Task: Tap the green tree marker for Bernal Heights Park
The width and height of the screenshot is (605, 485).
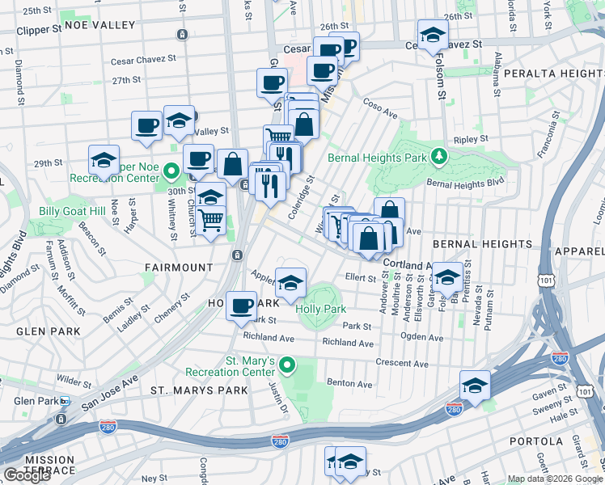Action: click(439, 155)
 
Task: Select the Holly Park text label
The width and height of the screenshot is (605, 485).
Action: click(321, 309)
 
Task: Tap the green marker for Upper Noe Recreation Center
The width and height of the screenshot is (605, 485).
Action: click(171, 171)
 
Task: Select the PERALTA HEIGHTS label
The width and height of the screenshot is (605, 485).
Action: click(552, 74)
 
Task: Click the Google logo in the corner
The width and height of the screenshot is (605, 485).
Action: click(27, 475)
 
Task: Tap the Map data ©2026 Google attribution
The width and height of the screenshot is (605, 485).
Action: click(555, 479)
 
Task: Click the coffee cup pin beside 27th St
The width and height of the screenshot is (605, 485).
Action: click(272, 82)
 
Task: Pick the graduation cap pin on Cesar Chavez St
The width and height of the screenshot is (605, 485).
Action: click(434, 35)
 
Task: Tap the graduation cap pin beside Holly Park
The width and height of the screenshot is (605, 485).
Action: click(290, 282)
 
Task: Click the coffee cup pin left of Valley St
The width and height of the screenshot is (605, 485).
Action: click(146, 125)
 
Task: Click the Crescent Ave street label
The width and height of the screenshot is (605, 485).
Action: click(401, 363)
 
